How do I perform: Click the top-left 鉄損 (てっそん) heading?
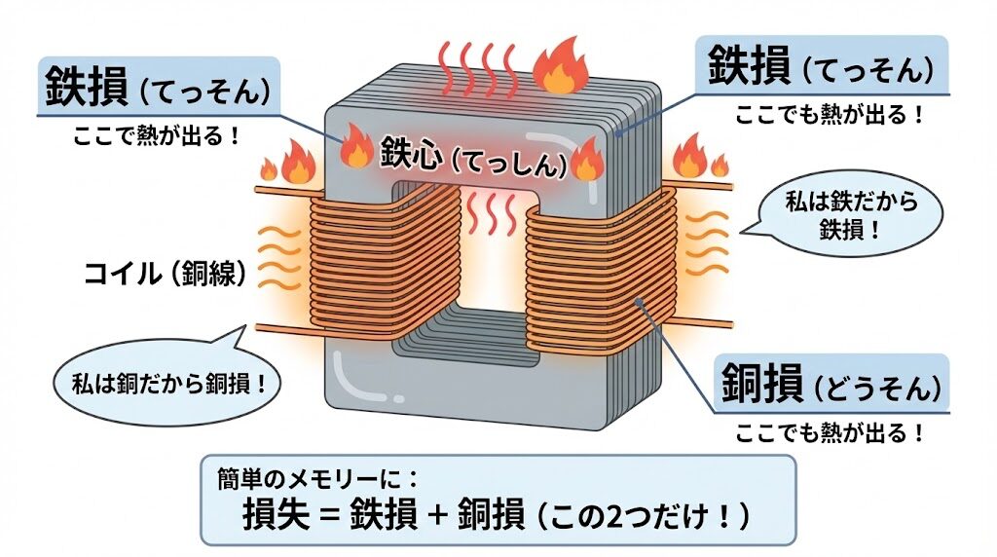tap(157, 89)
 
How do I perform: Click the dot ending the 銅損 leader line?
tap(640, 305)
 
